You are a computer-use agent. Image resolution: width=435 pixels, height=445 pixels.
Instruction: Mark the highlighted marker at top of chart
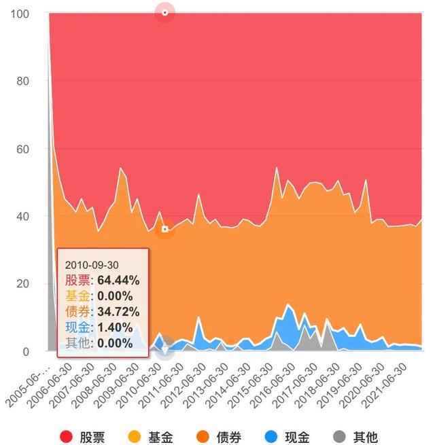164,13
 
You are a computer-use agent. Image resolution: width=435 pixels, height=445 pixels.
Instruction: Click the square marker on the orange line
164,230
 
